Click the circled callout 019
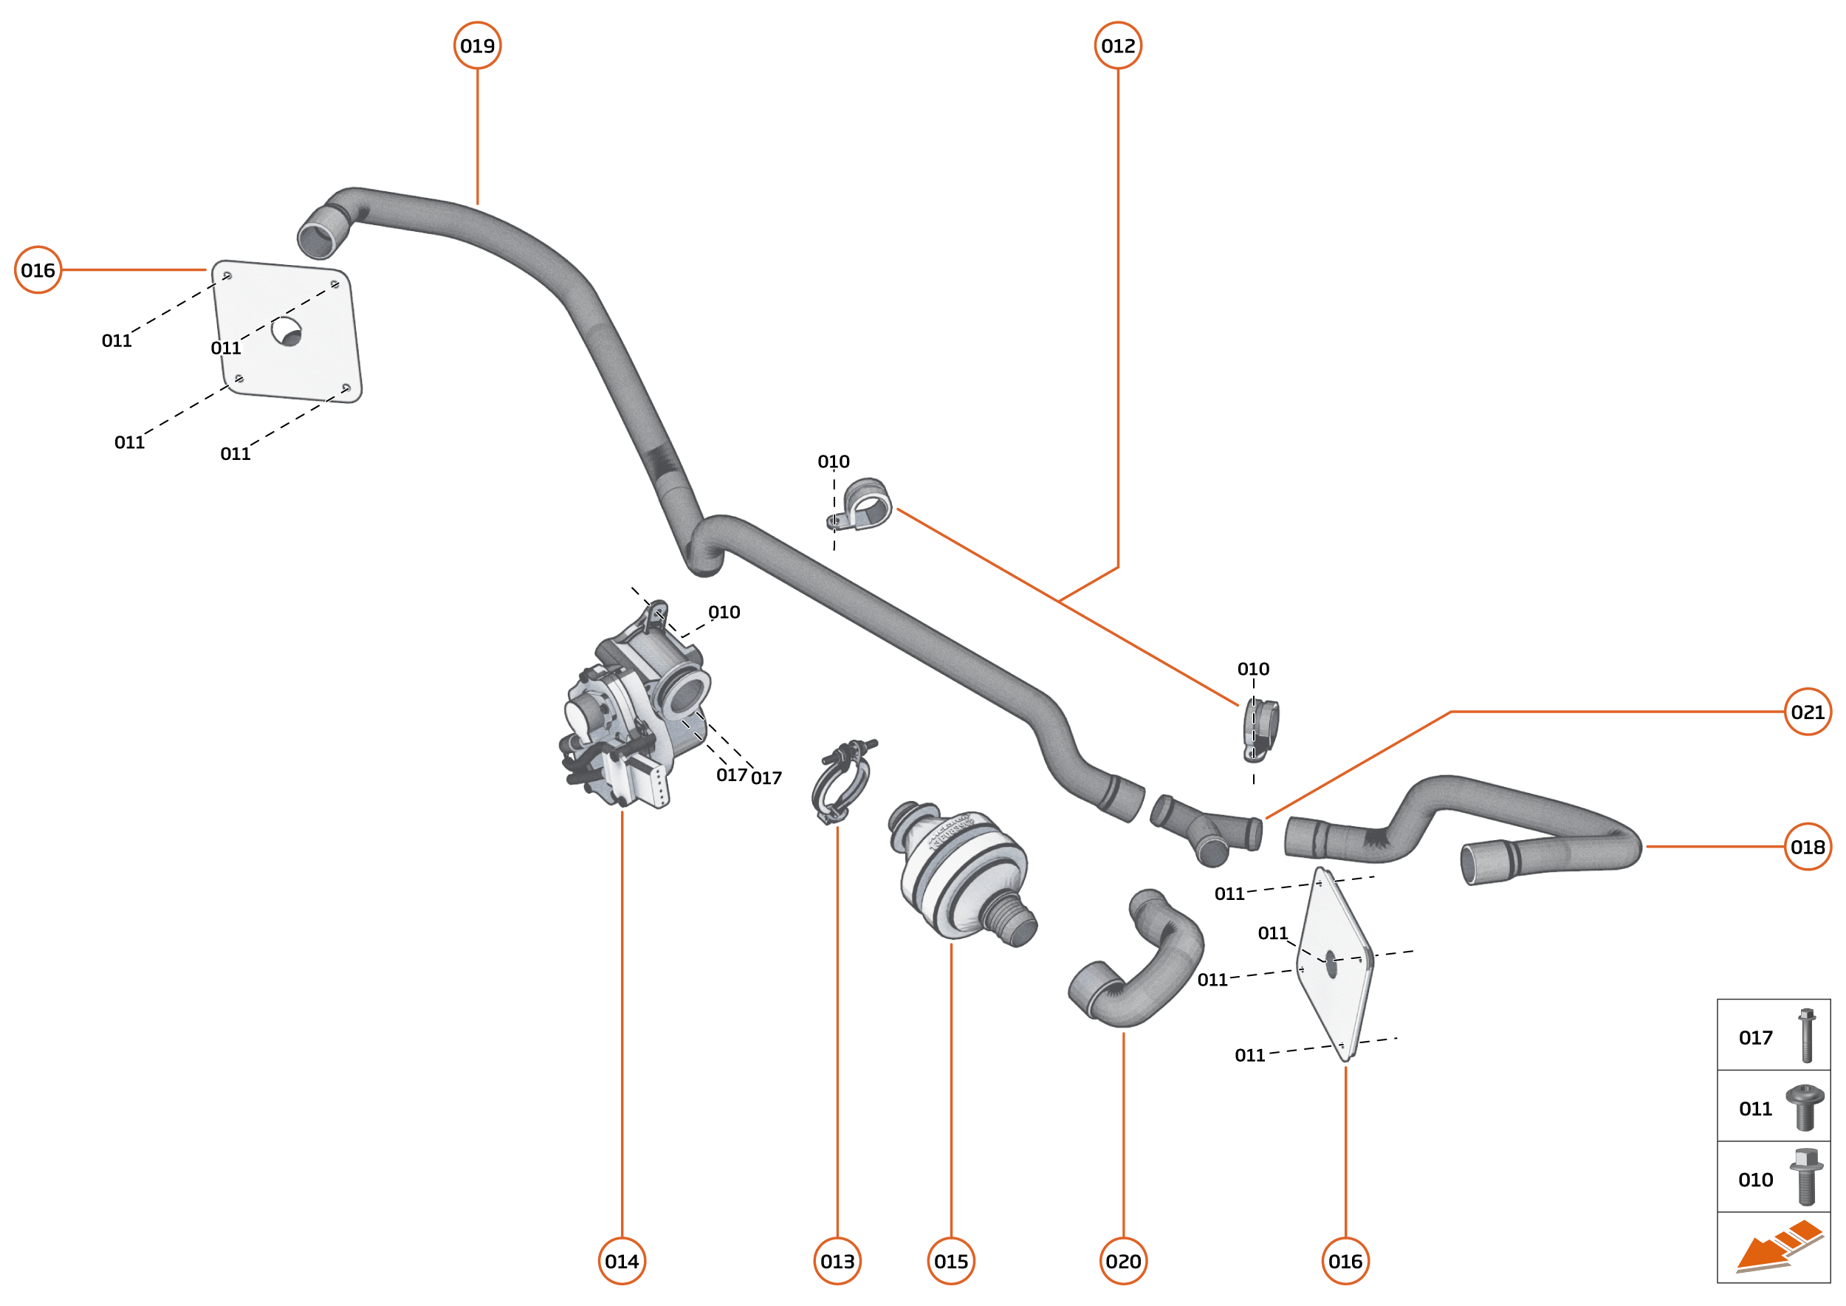(x=477, y=46)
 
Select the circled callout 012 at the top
(x=1117, y=46)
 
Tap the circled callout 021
(x=1808, y=712)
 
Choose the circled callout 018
(x=1808, y=847)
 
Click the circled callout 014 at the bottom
(x=622, y=1261)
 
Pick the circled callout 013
(x=837, y=1261)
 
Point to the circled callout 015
(x=951, y=1261)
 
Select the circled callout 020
(x=1123, y=1261)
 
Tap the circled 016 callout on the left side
(x=38, y=270)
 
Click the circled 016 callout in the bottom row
(x=1345, y=1261)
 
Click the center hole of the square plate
(x=286, y=331)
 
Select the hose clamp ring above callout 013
(x=840, y=784)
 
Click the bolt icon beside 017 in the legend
(x=1807, y=1037)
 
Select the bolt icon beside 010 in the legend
(x=1806, y=1178)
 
